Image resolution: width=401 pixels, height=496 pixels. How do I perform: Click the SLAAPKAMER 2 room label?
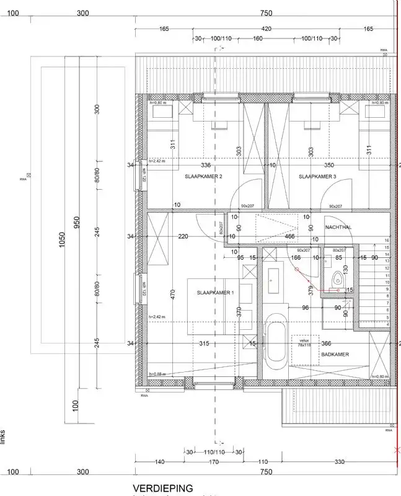pos(203,177)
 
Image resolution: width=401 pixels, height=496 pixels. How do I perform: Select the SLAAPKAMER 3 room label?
pos(317,177)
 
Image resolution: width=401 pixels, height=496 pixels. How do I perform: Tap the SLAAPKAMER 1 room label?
pos(215,292)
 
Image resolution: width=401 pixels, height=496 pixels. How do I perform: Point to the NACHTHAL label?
pos(338,228)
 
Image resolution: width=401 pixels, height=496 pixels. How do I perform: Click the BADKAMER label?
pos(335,354)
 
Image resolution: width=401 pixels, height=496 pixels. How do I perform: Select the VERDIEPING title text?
pos(163,489)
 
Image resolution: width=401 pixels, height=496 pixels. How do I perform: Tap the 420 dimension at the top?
pos(266,29)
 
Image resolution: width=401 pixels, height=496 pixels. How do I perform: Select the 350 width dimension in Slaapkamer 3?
pos(328,166)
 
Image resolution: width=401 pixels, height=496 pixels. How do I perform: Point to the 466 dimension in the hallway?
pos(289,236)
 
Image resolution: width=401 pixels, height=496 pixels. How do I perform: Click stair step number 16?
pos(386,240)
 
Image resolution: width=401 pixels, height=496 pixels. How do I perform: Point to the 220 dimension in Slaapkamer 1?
pos(183,236)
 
